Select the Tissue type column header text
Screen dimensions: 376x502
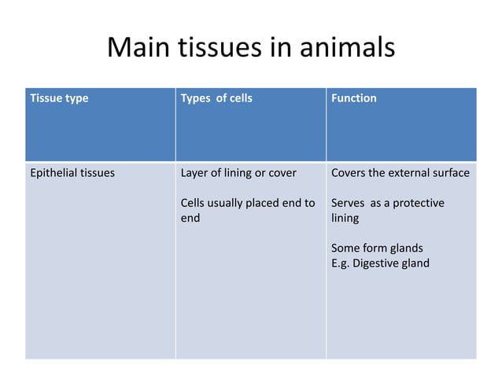[x=59, y=98]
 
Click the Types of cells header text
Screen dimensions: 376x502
[x=216, y=98]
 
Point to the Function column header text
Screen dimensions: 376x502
[x=354, y=98]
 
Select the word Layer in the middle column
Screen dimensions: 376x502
[x=196, y=173]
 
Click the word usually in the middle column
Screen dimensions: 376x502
[x=230, y=203]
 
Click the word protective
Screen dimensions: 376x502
[x=419, y=203]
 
